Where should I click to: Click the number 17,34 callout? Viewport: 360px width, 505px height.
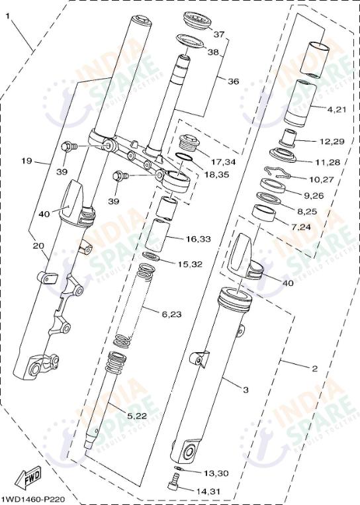pyautogui.click(x=224, y=161)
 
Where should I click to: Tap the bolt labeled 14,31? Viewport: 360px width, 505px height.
pyautogui.click(x=173, y=487)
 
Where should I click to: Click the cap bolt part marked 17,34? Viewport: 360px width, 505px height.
pyautogui.click(x=189, y=144)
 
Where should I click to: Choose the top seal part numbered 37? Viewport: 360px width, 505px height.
pyautogui.click(x=195, y=20)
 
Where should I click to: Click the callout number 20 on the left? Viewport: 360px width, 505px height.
pyautogui.click(x=38, y=246)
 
